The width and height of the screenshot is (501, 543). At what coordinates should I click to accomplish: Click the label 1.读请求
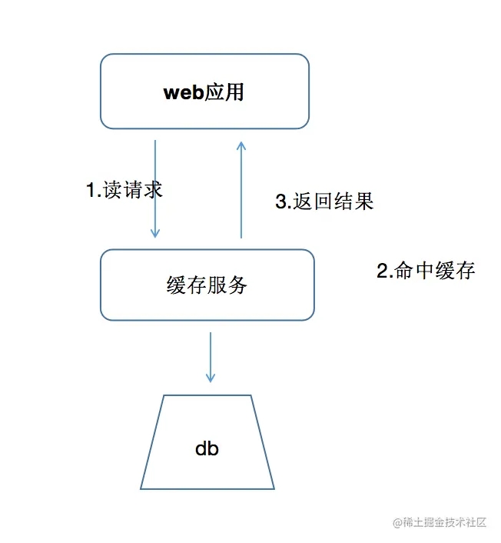coord(124,189)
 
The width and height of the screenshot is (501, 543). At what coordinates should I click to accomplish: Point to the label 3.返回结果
coord(324,202)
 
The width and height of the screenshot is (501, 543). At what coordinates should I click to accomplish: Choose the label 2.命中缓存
coord(426,271)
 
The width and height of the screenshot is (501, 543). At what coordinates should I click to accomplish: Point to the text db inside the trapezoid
coord(207,448)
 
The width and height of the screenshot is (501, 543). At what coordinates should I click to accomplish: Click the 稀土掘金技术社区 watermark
coord(440,522)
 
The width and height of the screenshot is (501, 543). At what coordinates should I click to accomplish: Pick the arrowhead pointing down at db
coord(210,378)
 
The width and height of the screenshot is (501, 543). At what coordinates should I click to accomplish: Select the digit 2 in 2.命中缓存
coord(382,271)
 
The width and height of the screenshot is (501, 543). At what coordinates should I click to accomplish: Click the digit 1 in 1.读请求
coord(90,190)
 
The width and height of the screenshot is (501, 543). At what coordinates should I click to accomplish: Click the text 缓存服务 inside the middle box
coord(207,285)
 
